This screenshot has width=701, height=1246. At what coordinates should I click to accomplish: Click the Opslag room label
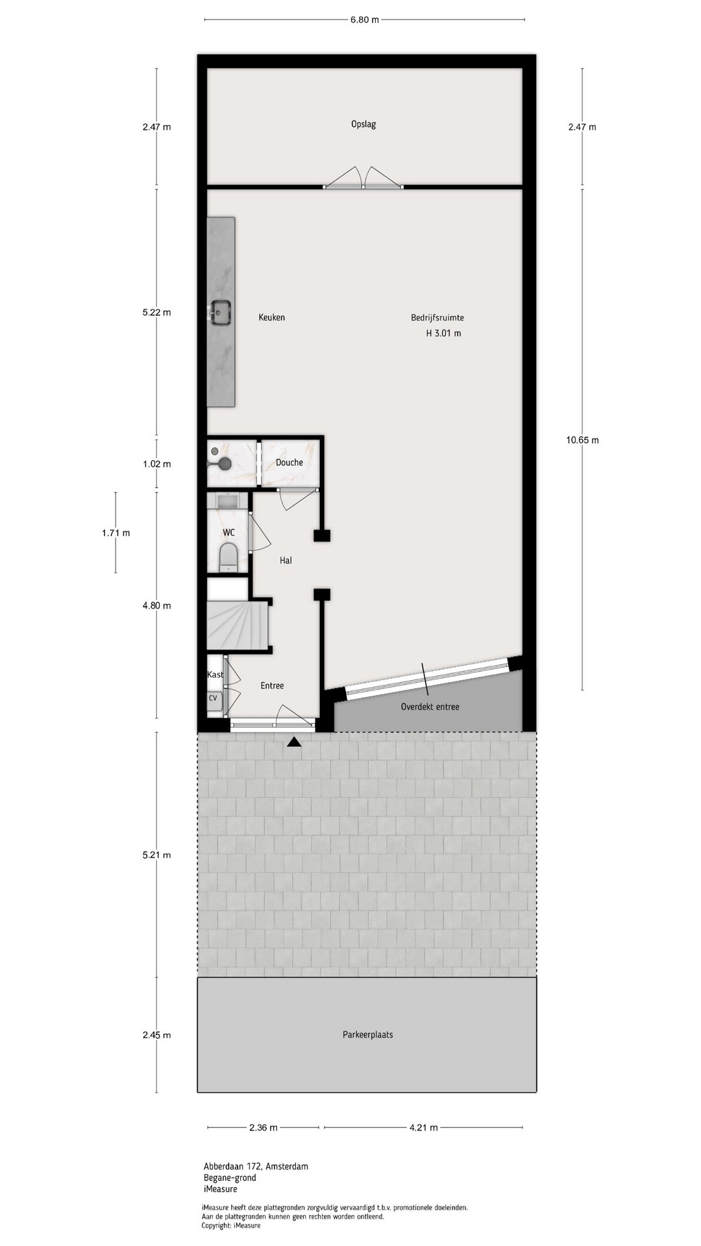(x=363, y=124)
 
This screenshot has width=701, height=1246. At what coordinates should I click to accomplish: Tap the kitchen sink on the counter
(x=221, y=311)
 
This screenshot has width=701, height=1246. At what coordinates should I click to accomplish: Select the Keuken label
(x=271, y=317)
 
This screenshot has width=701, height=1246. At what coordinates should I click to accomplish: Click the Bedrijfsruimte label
(x=437, y=318)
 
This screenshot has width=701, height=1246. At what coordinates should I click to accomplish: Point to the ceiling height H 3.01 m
(x=443, y=334)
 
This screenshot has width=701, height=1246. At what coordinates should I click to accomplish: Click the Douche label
(x=289, y=463)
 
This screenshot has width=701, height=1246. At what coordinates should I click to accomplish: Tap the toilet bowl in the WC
(x=228, y=557)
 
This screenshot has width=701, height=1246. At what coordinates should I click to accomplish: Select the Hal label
(x=286, y=561)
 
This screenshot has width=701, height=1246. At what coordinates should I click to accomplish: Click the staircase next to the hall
(x=238, y=624)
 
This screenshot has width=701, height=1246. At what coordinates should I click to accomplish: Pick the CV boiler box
(x=213, y=698)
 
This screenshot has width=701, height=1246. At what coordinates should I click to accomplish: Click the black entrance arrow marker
(x=294, y=742)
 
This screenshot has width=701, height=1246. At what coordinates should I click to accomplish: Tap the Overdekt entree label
(x=430, y=707)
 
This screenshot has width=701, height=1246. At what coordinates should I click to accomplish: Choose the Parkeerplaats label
(x=368, y=1034)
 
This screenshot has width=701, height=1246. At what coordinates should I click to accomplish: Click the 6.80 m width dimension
(x=364, y=19)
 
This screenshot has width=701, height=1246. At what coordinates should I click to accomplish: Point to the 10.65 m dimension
(x=582, y=440)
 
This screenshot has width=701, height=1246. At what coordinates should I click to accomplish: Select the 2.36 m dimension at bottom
(x=264, y=1127)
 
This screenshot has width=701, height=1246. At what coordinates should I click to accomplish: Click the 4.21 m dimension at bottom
(x=423, y=1127)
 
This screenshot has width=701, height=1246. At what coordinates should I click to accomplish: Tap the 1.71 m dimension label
(x=116, y=533)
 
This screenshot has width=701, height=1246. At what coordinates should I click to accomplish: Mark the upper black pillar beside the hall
(x=322, y=535)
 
